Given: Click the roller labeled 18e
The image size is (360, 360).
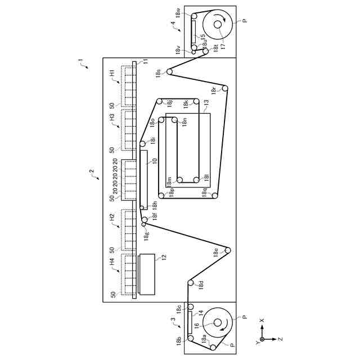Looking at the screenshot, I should pos(228,250).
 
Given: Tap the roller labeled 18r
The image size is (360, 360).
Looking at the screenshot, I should pos(224,88).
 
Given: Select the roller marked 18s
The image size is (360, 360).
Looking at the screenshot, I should pos(169,71).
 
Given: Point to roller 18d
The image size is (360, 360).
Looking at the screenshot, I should pos(191,282).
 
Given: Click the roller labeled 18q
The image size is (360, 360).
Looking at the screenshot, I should pos(214,195).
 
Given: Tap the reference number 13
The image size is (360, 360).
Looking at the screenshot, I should pos(206,103).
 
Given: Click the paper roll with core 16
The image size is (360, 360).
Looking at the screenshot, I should pos(217,324).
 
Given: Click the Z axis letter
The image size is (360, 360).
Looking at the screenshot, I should pos(280,339).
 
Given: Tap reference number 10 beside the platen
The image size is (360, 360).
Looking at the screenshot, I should pos(153,161).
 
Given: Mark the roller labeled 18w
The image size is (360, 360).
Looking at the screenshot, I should pos(193,17).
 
